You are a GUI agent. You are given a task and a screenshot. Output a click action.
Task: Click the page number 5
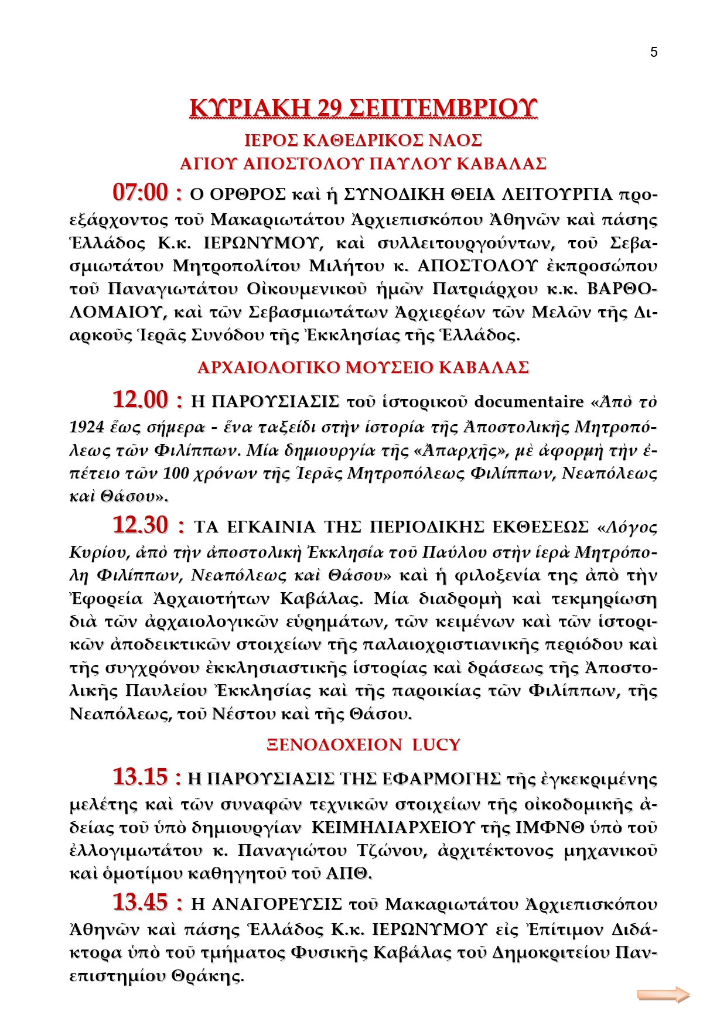[x=654, y=52]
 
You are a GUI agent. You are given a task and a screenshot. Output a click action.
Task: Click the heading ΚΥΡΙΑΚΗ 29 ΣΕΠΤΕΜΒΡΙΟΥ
[x=363, y=108]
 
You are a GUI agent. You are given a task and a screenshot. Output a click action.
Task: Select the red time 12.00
[x=141, y=400]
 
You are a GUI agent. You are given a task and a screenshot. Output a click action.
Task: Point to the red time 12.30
[x=141, y=525]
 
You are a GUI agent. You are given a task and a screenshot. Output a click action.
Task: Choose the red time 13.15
[x=141, y=777]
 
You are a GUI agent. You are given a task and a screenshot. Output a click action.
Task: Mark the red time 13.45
[x=141, y=903]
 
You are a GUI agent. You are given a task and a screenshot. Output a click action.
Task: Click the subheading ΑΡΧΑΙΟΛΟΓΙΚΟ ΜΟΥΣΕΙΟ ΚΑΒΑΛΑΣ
[x=363, y=368]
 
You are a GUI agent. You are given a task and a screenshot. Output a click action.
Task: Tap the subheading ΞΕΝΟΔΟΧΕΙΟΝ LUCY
[x=363, y=745]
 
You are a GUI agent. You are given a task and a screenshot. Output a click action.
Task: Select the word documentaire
[x=529, y=402]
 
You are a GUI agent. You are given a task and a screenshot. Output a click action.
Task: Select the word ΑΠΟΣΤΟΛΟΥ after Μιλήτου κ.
[x=477, y=266]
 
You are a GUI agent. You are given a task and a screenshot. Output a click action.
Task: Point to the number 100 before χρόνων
[x=176, y=473]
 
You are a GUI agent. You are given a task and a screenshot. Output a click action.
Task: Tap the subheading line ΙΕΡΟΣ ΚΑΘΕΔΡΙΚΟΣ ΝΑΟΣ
[x=363, y=141]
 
